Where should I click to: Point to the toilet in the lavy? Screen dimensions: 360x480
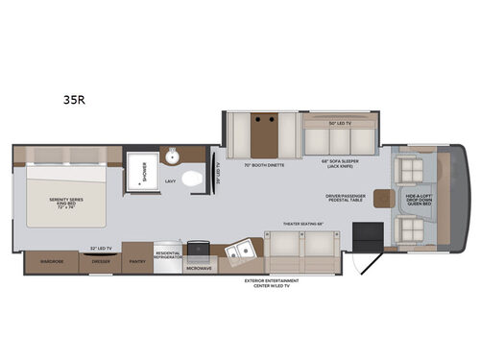point(192,178)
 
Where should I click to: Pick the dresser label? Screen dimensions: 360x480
point(100,259)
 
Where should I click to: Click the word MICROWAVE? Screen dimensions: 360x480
point(200,268)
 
